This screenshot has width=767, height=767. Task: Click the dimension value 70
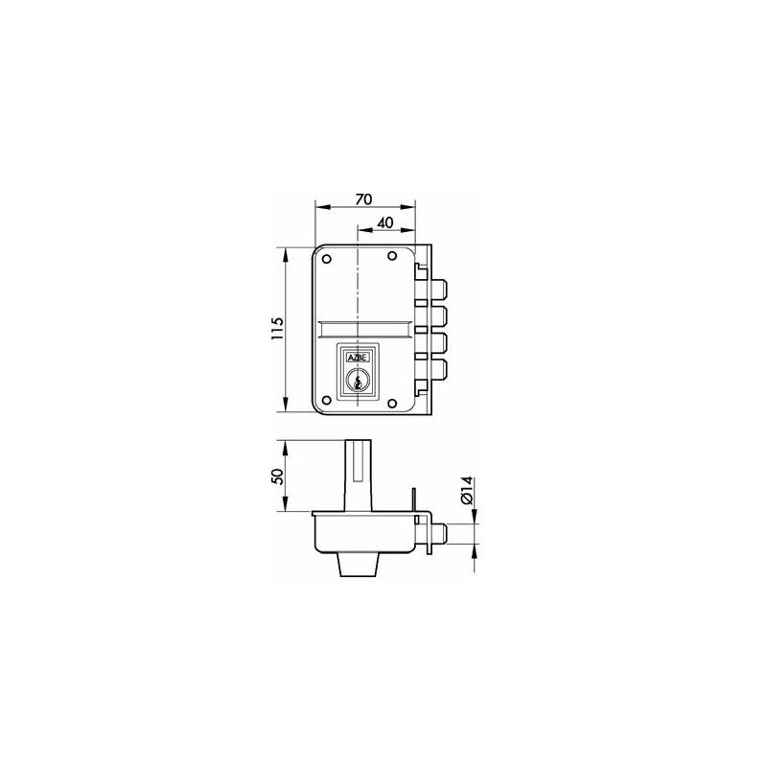point(363,199)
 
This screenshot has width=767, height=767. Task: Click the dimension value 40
point(385,222)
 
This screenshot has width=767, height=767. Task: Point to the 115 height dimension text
point(277,329)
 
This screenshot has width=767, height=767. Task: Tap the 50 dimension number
point(277,476)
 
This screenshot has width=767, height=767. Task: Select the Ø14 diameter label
point(466,491)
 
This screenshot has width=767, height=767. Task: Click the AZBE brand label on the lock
point(358,358)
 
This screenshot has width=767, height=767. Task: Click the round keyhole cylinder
point(358,381)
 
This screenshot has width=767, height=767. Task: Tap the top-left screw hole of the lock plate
point(327,259)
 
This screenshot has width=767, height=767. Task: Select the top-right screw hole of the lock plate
point(392,256)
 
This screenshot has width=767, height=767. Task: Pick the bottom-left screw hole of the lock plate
point(327,401)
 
